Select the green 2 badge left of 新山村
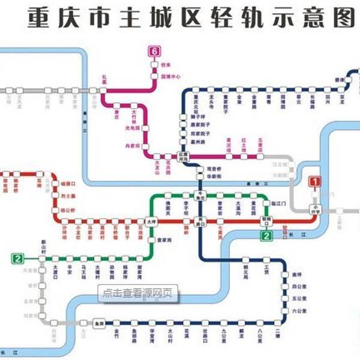point(18,259)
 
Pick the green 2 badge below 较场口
point(265,236)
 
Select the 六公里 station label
point(299,310)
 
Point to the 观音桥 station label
point(214,169)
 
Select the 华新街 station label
point(215,178)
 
